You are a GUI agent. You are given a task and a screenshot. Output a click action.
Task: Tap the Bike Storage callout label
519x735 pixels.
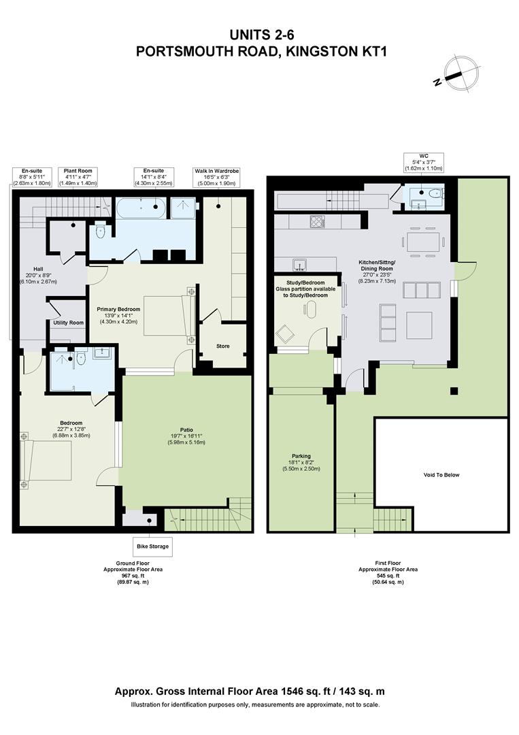152,546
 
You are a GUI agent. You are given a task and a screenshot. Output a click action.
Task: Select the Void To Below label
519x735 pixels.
441,475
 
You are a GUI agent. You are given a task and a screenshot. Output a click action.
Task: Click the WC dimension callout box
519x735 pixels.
424,162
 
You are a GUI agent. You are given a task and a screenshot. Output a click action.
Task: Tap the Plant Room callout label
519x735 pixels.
78,177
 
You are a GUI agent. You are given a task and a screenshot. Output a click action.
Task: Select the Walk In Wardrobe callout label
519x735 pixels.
217,177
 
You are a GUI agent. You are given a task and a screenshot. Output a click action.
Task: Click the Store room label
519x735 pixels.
223,346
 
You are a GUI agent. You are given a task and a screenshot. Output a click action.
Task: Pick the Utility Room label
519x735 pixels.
69,323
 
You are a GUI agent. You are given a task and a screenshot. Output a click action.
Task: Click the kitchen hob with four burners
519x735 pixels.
317,221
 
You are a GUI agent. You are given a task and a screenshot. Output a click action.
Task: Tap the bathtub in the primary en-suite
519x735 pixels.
141,208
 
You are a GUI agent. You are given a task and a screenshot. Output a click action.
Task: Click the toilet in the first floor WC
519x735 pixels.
435,193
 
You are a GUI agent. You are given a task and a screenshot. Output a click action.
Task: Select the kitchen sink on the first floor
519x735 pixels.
299,264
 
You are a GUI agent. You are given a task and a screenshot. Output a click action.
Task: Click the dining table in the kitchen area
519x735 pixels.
424,242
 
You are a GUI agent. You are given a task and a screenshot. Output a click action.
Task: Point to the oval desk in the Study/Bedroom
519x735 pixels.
312,310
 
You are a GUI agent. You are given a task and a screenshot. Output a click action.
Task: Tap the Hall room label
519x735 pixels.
38,275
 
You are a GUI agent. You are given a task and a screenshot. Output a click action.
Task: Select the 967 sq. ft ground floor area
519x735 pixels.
133,576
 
